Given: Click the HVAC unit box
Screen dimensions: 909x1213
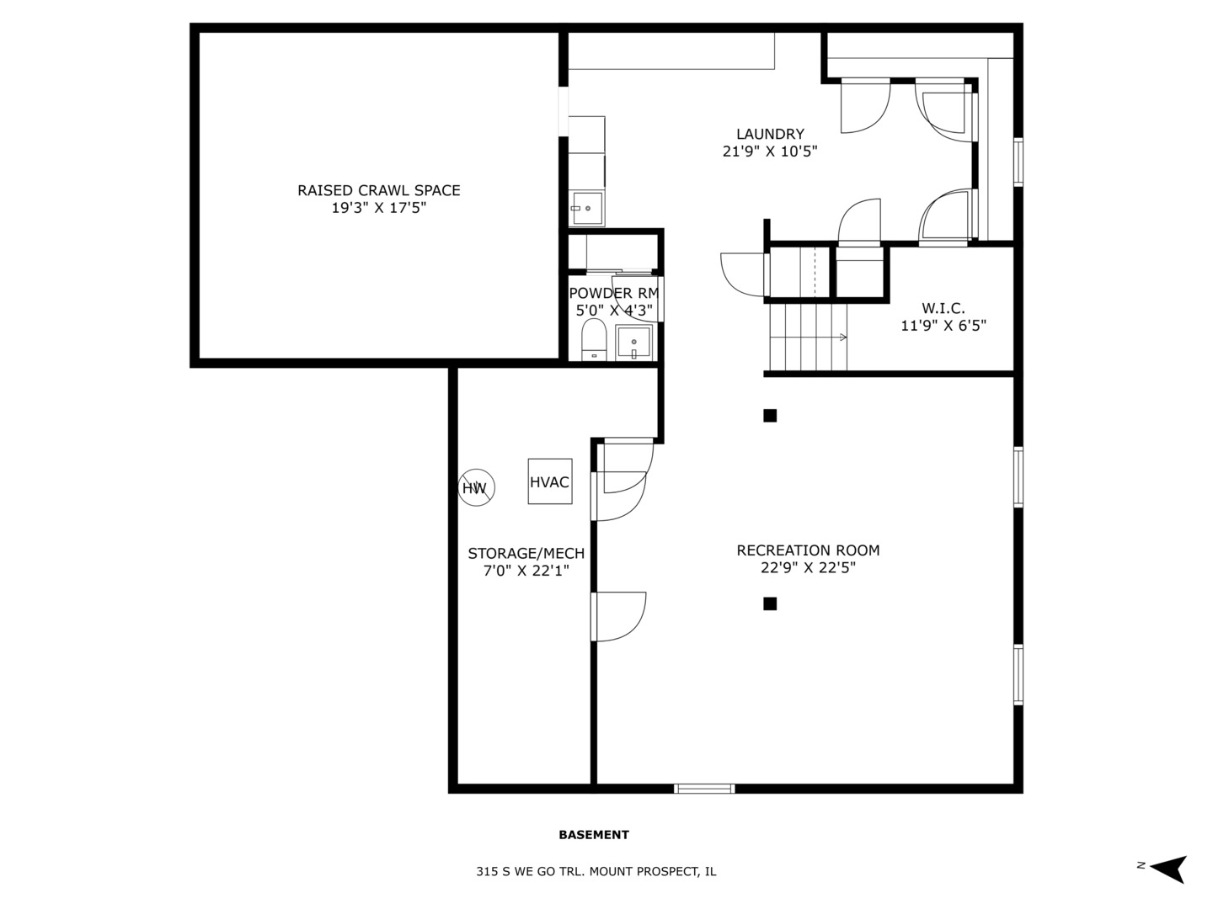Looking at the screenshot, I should pyautogui.click(x=549, y=481).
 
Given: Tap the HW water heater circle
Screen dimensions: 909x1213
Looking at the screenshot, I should pyautogui.click(x=476, y=487).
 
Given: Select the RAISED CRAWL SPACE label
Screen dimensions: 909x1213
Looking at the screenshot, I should pyautogui.click(x=378, y=190).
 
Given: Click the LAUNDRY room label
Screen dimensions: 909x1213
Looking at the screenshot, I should pyautogui.click(x=770, y=134).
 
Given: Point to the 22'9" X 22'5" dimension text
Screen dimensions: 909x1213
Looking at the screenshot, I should pyautogui.click(x=808, y=568).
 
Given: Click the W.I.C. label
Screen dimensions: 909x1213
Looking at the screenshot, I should pyautogui.click(x=943, y=308).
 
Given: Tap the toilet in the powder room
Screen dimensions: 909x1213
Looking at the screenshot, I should pyautogui.click(x=594, y=340).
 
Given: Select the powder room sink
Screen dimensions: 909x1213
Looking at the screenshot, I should pyautogui.click(x=633, y=343).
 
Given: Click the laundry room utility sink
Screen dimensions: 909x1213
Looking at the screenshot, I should pyautogui.click(x=586, y=208).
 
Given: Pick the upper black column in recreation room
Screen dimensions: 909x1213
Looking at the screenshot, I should pyautogui.click(x=770, y=415).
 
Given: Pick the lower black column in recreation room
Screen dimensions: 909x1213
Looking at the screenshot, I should pyautogui.click(x=770, y=603).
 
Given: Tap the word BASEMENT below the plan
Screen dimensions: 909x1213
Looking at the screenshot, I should pyautogui.click(x=594, y=835).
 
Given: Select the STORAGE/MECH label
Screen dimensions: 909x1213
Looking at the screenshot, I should pyautogui.click(x=526, y=553).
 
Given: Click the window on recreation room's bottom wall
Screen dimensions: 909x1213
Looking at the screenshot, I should pyautogui.click(x=704, y=789).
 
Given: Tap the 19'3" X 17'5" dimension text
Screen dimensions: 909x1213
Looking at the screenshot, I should pyautogui.click(x=378, y=208).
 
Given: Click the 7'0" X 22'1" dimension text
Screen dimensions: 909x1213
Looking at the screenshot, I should pyautogui.click(x=526, y=571).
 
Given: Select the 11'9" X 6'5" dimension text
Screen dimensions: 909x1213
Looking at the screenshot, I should pyautogui.click(x=943, y=326).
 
